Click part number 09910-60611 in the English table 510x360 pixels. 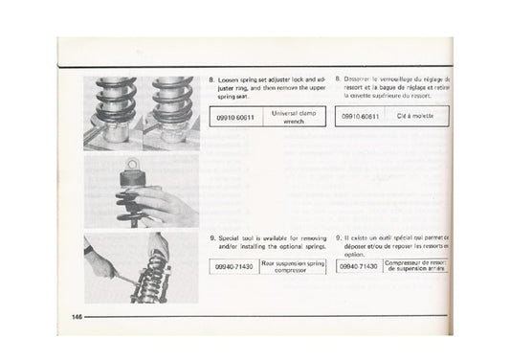pyautogui.click(x=235, y=115)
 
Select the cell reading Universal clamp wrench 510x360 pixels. pyautogui.click(x=293, y=116)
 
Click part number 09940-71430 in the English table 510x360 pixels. pyautogui.click(x=235, y=269)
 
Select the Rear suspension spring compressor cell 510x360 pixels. pyautogui.click(x=293, y=269)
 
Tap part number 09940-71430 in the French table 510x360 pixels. pyautogui.click(x=360, y=269)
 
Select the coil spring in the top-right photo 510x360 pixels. pyautogui.click(x=173, y=97)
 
